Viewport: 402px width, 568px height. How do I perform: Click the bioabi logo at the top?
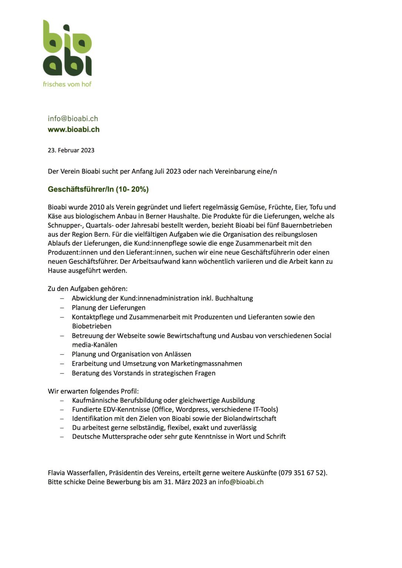tap(67, 48)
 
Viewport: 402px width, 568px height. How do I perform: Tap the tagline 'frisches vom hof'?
tap(67, 84)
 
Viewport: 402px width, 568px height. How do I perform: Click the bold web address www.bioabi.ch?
tap(74, 129)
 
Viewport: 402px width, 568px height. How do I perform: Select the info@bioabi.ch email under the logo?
tap(73, 118)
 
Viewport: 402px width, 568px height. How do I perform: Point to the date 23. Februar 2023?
tap(71, 150)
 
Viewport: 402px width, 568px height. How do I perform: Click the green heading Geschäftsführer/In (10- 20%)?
tap(98, 189)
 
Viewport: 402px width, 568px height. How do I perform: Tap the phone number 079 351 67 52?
tap(303, 473)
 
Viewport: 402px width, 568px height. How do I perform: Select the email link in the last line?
tap(240, 482)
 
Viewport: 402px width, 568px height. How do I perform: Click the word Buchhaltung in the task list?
tap(234, 298)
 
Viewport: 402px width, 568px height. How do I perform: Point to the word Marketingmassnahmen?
tap(206, 364)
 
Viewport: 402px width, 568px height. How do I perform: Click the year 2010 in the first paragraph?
tap(96, 207)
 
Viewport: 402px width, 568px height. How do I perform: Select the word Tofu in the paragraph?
tap(316, 207)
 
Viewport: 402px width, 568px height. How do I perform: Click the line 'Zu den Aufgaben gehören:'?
tap(88, 288)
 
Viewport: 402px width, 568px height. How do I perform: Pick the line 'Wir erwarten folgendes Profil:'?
tap(93, 391)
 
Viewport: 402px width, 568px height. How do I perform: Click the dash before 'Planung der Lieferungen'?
tap(62, 308)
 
